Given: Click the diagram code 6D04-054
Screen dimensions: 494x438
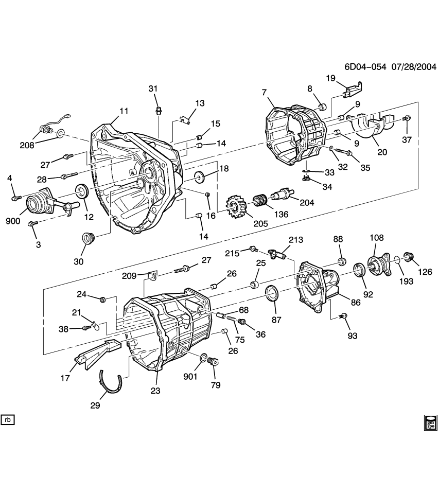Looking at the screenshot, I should coord(366,67).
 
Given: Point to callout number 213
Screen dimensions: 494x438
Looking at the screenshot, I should coord(296,240).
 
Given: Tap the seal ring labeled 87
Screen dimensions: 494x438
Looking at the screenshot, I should coord(271,295).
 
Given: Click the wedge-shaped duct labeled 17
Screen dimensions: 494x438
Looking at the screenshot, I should coord(95,355).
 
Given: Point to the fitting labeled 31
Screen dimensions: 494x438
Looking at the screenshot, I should coord(159,111).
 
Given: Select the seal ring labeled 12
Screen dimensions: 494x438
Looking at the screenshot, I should coord(82,192).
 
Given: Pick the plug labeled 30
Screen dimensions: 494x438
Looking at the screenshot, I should coord(88,239).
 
